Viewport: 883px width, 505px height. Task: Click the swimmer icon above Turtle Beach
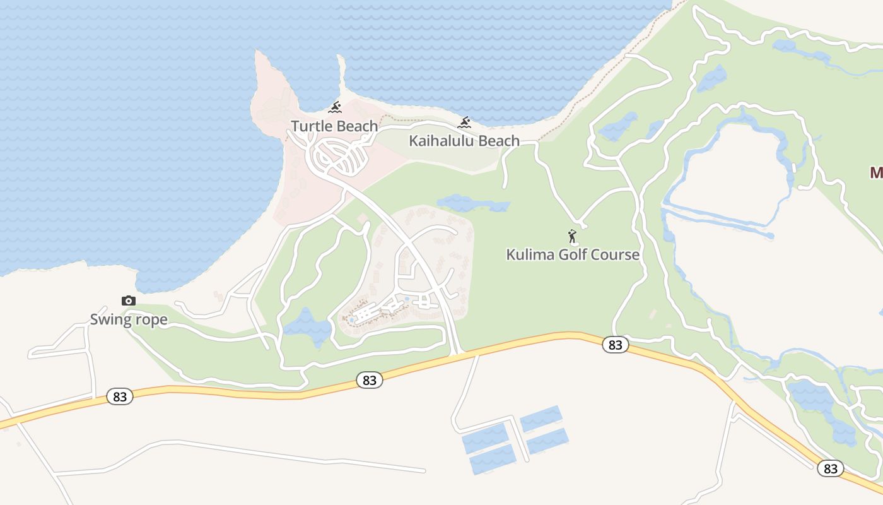pos(335,107)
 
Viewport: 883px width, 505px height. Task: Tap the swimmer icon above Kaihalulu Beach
pos(465,122)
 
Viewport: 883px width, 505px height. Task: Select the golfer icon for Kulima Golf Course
pos(572,237)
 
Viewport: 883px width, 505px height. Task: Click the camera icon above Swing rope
pos(129,300)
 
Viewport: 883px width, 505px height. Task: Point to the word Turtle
pos(311,126)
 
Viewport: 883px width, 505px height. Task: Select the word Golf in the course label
pos(573,254)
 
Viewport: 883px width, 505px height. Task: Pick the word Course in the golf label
pos(616,254)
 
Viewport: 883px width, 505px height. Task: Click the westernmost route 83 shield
pos(120,396)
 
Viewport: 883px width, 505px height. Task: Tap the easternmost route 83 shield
pos(831,468)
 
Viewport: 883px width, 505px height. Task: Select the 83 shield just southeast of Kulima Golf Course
pos(615,345)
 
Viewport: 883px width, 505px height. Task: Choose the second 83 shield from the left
pos(370,380)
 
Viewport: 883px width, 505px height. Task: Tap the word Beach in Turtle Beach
pos(356,126)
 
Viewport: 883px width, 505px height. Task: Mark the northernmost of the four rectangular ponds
pos(541,418)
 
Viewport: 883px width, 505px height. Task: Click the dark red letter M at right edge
pos(876,172)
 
